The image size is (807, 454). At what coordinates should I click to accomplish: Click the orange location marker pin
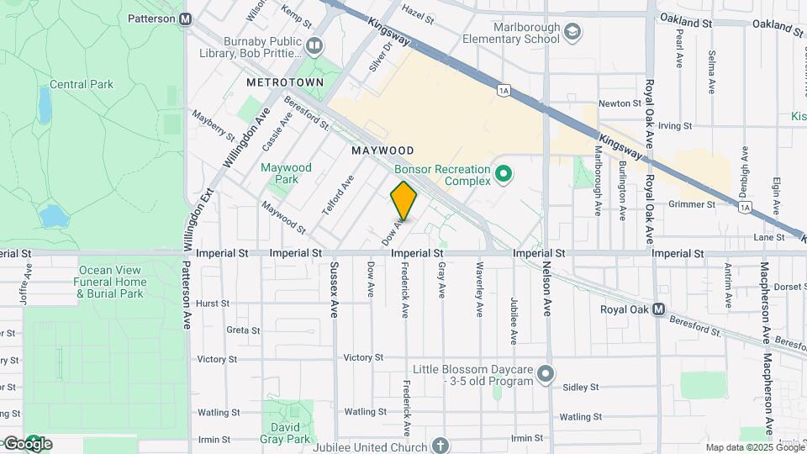(x=403, y=200)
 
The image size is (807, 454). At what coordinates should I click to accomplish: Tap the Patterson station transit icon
(x=186, y=18)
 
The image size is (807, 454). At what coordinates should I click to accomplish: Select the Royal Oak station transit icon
(x=660, y=309)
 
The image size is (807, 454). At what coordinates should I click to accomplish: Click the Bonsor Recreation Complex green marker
(x=504, y=175)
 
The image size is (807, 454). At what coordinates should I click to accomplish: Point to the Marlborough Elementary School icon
(x=572, y=32)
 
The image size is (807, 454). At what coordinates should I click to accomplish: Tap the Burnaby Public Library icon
(x=314, y=45)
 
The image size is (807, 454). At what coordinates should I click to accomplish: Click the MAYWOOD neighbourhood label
(x=382, y=150)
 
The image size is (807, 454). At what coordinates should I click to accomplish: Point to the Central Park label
(x=81, y=84)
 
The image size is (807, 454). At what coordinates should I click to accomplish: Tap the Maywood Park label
(x=286, y=173)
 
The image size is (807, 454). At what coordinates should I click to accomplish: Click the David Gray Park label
(x=286, y=433)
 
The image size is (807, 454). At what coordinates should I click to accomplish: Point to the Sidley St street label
(x=580, y=388)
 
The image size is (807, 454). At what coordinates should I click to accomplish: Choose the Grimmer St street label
(x=691, y=204)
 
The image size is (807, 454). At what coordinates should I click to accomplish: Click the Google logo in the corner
(x=28, y=443)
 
